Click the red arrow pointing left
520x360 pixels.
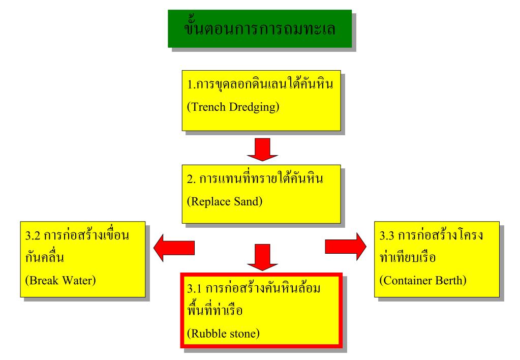click(173, 247)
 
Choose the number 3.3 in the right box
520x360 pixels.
click(389, 236)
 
